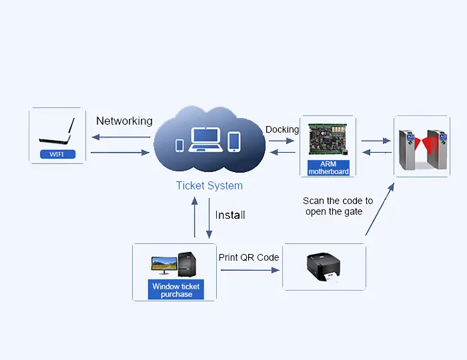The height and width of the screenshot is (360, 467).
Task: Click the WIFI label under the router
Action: (57, 155)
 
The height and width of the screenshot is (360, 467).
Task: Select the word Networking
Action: (124, 121)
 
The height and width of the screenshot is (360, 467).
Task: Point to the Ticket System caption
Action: (209, 186)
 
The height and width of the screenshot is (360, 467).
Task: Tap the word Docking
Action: (282, 129)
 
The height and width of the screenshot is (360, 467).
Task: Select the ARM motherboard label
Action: (328, 167)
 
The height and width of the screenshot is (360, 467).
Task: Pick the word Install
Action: (230, 215)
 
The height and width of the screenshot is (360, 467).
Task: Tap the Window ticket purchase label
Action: (176, 291)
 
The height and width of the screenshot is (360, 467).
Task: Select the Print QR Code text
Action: (249, 257)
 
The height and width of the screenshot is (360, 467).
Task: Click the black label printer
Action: (324, 267)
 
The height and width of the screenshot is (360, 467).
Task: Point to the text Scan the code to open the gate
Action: (338, 206)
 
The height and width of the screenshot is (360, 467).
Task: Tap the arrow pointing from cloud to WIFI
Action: (121, 137)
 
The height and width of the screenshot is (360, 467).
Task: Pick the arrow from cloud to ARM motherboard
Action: (282, 141)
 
